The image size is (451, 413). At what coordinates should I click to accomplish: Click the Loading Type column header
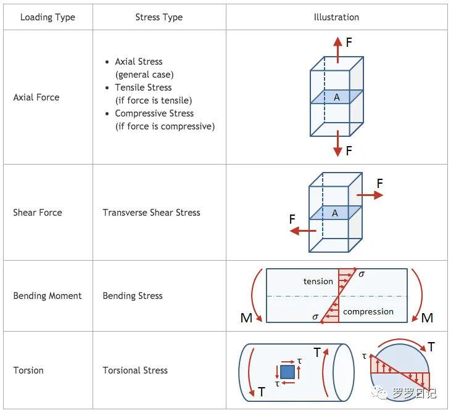tap(48, 17)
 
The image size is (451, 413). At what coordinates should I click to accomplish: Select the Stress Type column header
tap(159, 17)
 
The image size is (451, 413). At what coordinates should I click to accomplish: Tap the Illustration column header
tap(336, 17)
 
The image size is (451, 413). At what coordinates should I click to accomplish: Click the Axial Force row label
tap(36, 97)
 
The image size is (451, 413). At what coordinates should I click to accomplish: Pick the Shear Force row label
tap(38, 213)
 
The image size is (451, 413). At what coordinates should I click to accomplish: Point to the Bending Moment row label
tap(48, 296)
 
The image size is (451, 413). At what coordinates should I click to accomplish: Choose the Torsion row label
tap(28, 370)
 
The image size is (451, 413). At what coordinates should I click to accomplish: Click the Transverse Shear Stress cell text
tap(151, 213)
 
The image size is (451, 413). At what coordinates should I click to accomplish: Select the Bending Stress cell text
tap(133, 296)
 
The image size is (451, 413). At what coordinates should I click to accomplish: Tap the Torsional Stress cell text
tap(135, 370)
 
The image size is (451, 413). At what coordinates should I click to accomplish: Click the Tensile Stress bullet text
tap(143, 88)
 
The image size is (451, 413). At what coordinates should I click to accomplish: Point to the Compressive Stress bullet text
tap(154, 113)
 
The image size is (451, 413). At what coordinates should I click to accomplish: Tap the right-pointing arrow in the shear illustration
tap(370, 195)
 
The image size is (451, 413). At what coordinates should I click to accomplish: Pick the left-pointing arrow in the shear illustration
tap(303, 231)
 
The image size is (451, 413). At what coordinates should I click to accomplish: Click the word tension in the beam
tap(318, 281)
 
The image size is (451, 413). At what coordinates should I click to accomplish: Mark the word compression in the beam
tap(368, 312)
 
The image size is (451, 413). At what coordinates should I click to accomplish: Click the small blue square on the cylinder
tap(287, 372)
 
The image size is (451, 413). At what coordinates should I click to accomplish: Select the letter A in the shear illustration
tap(335, 213)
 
